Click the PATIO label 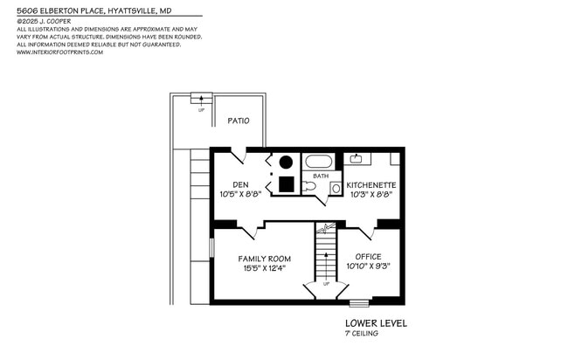[239, 121]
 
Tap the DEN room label [240, 184]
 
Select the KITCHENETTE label [371, 185]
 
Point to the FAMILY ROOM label [265, 259]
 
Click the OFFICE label [368, 256]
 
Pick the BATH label [321, 176]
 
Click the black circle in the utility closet [287, 162]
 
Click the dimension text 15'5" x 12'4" [265, 268]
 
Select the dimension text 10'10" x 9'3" [368, 266]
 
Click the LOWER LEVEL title [376, 323]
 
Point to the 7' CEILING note [362, 333]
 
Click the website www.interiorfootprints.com [59, 52]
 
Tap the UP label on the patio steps [202, 110]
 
